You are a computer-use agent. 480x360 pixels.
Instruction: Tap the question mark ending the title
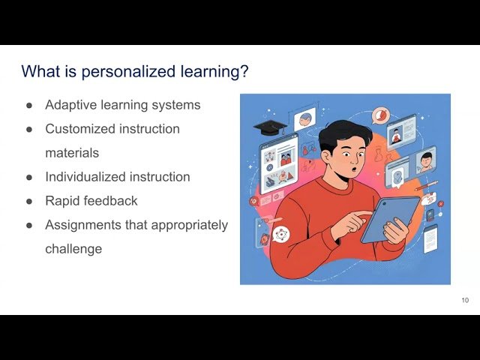[244, 72]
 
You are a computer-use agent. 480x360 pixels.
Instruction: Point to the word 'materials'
[72, 153]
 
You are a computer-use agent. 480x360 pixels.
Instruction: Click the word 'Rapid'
[62, 201]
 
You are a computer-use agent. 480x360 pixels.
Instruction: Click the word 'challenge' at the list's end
[73, 249]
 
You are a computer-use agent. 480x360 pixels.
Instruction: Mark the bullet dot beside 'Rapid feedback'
[29, 202]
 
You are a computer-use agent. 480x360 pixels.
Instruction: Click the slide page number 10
[465, 301]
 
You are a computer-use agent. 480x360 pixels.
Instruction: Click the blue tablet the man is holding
[390, 219]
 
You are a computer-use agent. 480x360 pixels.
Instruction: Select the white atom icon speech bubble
[280, 234]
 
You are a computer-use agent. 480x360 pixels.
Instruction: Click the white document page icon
[430, 238]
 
